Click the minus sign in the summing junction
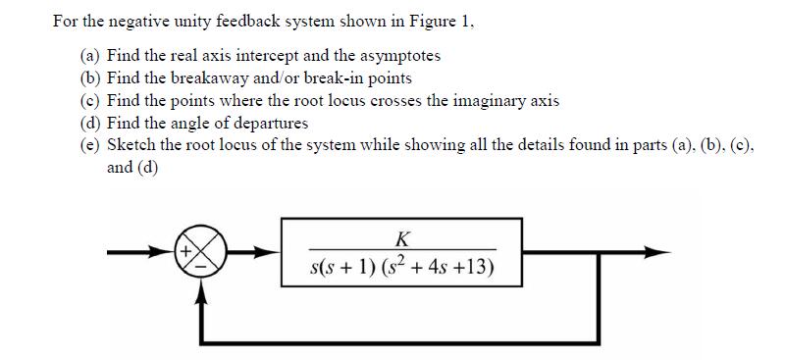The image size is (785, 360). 203,263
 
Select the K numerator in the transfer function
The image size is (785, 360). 401,237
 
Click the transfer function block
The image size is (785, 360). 402,252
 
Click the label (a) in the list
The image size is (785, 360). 91,55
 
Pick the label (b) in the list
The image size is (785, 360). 91,77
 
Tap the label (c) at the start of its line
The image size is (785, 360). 91,100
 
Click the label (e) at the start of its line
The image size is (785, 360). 91,145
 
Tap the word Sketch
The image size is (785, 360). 130,145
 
